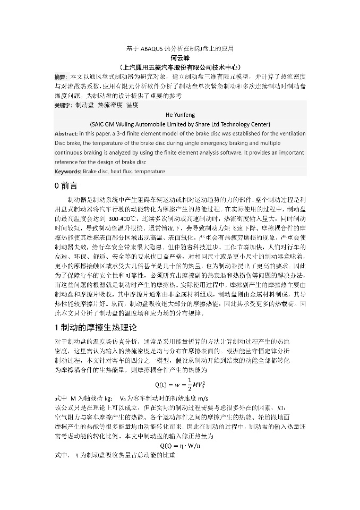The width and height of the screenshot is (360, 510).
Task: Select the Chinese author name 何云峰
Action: tap(180, 57)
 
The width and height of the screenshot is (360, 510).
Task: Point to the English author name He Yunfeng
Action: tap(180, 114)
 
